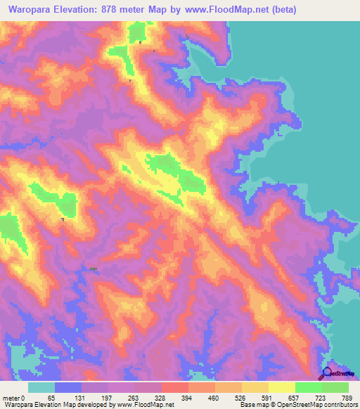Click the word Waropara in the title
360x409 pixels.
[x=29, y=9]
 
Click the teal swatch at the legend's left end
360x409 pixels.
[x=41, y=387]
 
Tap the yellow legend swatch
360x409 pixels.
[x=282, y=387]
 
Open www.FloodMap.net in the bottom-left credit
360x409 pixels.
[x=146, y=404]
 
